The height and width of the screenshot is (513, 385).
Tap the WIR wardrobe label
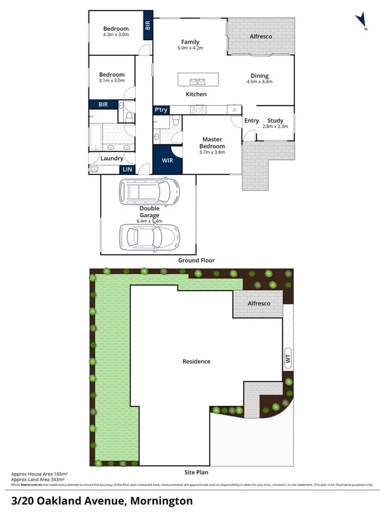pyautogui.click(x=167, y=161)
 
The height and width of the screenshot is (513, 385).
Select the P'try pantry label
pyautogui.click(x=161, y=110)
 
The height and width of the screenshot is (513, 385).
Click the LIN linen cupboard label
pyautogui.click(x=127, y=169)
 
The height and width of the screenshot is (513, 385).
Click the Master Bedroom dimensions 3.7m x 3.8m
pyautogui.click(x=212, y=152)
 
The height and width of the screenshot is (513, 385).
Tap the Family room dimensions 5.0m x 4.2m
pyautogui.click(x=190, y=48)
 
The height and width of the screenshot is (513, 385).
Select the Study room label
pyautogui.click(x=275, y=120)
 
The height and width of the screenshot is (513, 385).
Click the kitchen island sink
pyautogui.click(x=197, y=79)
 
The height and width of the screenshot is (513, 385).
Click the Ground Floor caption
pyautogui.click(x=196, y=260)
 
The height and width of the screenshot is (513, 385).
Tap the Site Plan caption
pyautogui.click(x=196, y=473)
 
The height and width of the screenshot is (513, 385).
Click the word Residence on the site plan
pyautogui.click(x=196, y=361)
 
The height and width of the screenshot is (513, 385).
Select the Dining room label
pyautogui.click(x=260, y=75)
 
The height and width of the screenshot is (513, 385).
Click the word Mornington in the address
pyautogui.click(x=161, y=501)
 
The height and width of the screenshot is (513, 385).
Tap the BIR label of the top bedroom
pyautogui.click(x=148, y=26)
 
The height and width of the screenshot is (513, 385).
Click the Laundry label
pyautogui.click(x=112, y=158)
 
